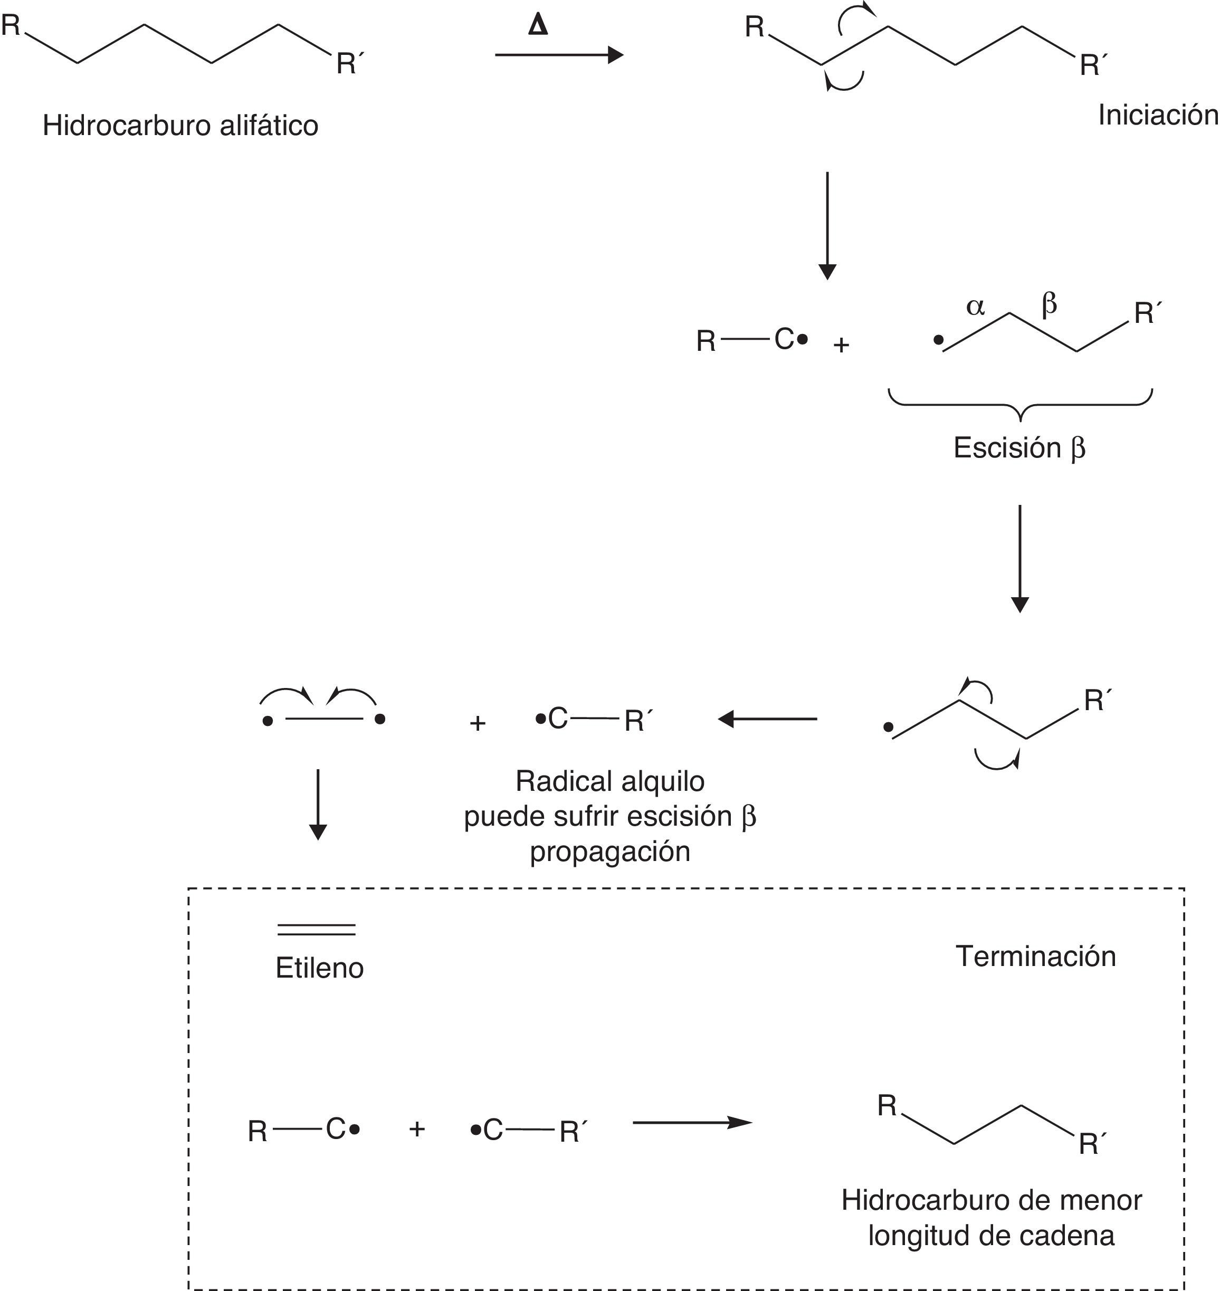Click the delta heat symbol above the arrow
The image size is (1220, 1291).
[x=538, y=25]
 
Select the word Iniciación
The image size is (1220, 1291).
[x=1158, y=115]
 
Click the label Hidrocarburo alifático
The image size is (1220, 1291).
[x=180, y=126]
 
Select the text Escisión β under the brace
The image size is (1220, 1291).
[x=1019, y=448]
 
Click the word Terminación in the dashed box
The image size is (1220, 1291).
[x=1035, y=956]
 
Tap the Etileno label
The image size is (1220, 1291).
[x=319, y=968]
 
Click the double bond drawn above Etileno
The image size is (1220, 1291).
[x=317, y=930]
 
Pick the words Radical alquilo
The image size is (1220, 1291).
[x=609, y=781]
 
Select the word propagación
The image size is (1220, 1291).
[x=609, y=852]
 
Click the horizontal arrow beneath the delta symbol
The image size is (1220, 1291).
[x=559, y=55]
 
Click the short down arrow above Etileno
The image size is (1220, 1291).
[x=317, y=804]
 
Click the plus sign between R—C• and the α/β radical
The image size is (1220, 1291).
[x=842, y=345]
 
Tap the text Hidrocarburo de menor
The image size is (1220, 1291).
[x=991, y=1200]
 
